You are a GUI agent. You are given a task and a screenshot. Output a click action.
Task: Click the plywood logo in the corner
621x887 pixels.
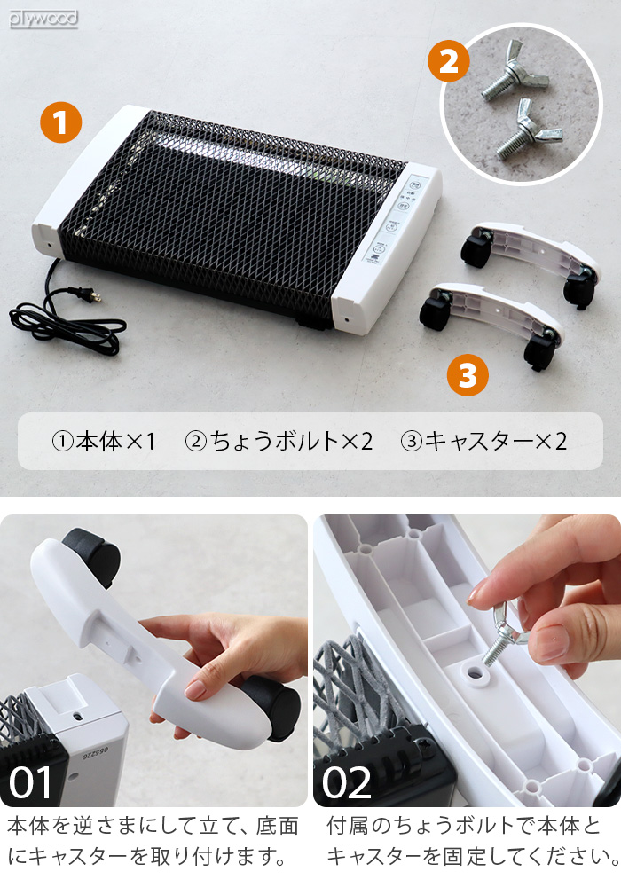pyautogui.click(x=43, y=18)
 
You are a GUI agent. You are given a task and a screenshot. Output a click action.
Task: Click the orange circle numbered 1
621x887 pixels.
pyautogui.click(x=61, y=123)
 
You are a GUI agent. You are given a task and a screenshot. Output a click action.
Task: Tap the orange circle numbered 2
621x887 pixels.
pyautogui.click(x=450, y=62)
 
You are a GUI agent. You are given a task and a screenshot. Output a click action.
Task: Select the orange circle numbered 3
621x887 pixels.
pyautogui.click(x=467, y=376)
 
